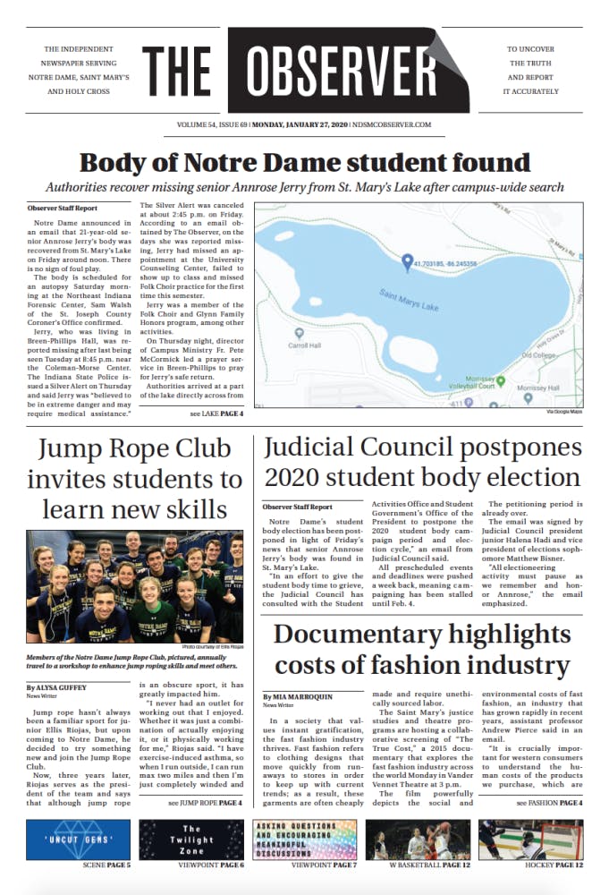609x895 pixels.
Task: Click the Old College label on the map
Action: click(x=538, y=354)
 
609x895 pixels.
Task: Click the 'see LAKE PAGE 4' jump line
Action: click(x=216, y=414)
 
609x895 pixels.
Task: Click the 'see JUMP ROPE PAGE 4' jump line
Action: click(x=205, y=804)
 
